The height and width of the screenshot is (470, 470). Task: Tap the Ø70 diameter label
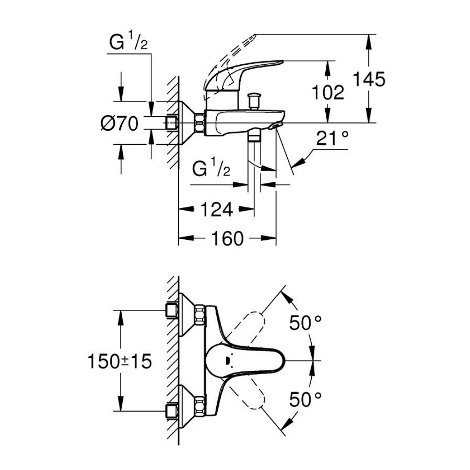tap(119, 124)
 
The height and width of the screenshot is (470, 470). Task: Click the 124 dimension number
tap(216, 209)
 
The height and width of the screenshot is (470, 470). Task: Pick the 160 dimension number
tap(227, 238)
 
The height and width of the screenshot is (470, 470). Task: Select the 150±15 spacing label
tap(120, 361)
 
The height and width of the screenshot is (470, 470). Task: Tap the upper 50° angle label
tap(305, 322)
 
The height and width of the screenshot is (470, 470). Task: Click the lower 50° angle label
tap(305, 399)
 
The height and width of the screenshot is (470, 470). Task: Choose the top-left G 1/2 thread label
tap(128, 43)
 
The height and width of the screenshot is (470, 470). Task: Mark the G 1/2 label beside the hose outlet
tap(211, 169)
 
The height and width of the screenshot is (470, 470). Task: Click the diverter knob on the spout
tap(254, 102)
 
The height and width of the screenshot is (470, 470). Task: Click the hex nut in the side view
tap(200, 123)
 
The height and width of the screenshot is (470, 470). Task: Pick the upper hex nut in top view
tap(200, 314)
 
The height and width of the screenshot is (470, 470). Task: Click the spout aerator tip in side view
tap(274, 126)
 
